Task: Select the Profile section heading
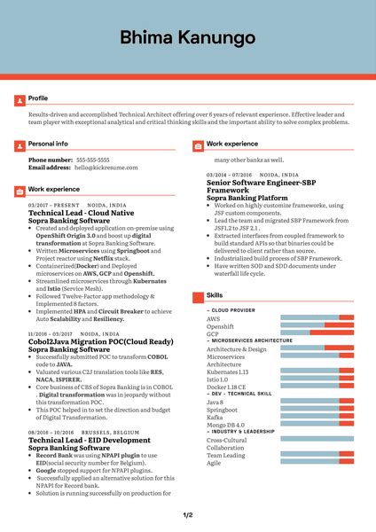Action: click(38, 98)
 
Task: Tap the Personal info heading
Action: click(48, 143)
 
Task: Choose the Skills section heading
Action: click(215, 294)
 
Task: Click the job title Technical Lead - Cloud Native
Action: click(82, 214)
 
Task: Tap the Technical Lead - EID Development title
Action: click(90, 440)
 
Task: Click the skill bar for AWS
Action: click(317, 317)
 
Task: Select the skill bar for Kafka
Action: click(317, 418)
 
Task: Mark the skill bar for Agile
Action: click(317, 462)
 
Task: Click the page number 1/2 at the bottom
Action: click(188, 515)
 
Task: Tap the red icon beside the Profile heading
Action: click(20, 98)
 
